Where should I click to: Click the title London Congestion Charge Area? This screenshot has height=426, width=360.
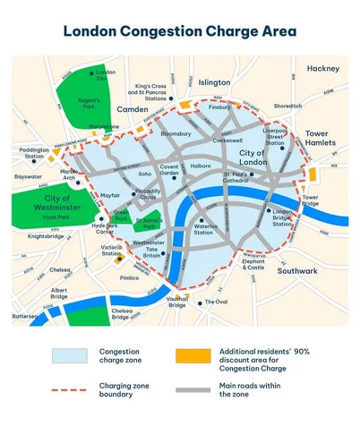[x=180, y=31]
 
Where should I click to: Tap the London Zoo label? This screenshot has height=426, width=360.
[x=106, y=75]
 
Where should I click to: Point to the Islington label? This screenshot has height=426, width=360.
[x=214, y=81]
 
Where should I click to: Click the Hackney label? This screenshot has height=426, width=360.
[x=322, y=68]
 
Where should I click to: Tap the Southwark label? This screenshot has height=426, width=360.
[x=297, y=270]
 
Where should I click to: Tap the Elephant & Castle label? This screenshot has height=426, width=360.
[x=255, y=263]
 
